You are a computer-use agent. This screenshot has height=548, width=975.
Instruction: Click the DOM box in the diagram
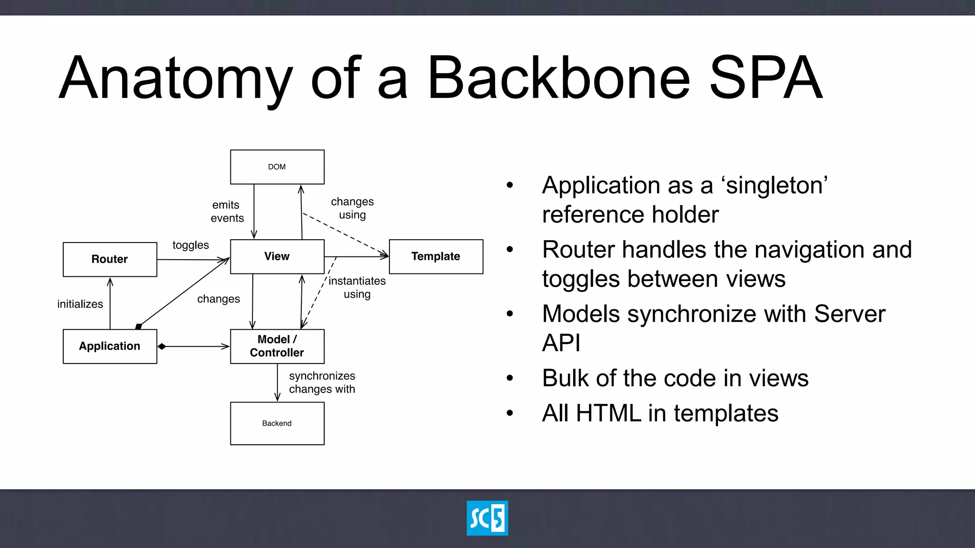coord(277,167)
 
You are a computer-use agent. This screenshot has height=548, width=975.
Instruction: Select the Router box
coord(110,259)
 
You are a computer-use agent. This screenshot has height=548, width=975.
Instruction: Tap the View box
coord(277,256)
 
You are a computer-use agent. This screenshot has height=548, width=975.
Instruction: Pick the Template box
coord(436,256)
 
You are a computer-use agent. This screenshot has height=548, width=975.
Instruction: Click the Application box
coord(110,346)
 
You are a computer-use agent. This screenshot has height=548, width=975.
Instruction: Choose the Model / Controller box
coord(277,346)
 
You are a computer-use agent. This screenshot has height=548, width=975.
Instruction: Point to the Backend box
coord(277,423)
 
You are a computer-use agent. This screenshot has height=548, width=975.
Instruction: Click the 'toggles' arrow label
coord(190,245)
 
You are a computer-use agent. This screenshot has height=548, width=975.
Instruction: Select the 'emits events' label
coord(227,211)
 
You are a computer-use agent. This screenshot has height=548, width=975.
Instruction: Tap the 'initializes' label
coord(80,304)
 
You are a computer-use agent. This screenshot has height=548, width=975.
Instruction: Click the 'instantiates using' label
coord(357,287)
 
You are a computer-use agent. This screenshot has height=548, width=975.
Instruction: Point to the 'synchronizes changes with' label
coord(322,382)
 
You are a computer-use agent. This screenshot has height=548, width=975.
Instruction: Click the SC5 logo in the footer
coord(487,518)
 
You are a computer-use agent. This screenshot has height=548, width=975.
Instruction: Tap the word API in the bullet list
coord(561,342)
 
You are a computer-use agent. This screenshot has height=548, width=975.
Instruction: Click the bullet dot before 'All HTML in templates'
coord(510,413)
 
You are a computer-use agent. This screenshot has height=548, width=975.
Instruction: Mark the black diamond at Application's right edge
coord(162,346)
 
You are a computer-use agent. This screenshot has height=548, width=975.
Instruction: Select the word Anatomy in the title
coord(175,78)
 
